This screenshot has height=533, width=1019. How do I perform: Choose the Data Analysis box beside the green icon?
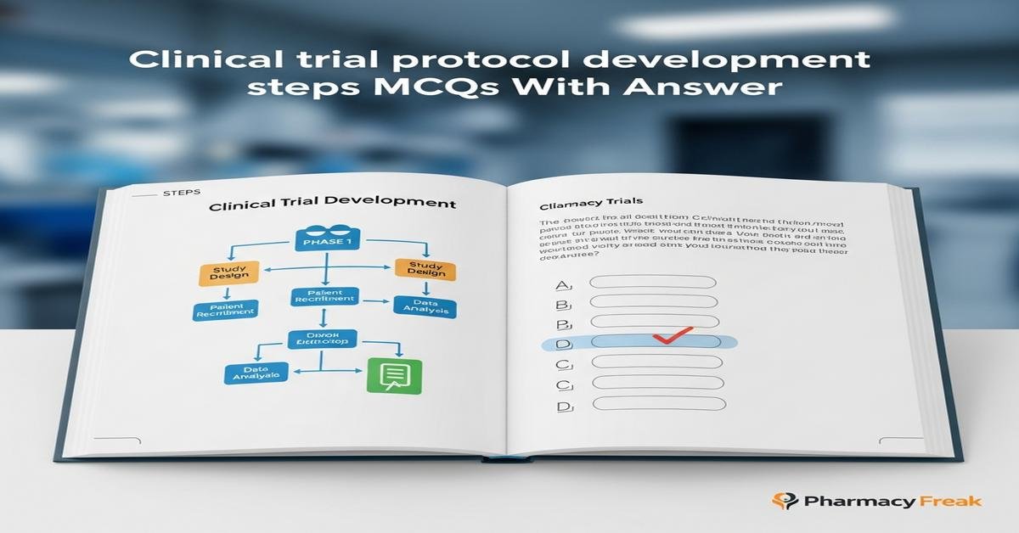coord(256,373)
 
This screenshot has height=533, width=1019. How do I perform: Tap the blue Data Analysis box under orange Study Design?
coord(425,306)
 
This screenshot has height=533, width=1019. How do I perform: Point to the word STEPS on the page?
coord(180,194)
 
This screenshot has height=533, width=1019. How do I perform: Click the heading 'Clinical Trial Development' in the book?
coord(332,205)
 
